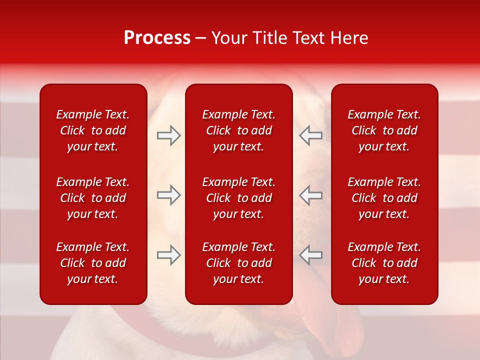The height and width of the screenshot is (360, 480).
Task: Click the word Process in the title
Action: [x=157, y=38]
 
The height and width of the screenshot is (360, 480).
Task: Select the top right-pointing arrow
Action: [x=168, y=135]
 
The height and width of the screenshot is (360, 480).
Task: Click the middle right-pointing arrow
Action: [x=168, y=195]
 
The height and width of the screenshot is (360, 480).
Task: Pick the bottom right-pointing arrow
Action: [x=168, y=255]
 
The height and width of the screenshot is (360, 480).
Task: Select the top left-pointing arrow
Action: [x=311, y=135]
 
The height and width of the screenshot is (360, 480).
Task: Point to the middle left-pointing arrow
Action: [x=311, y=195]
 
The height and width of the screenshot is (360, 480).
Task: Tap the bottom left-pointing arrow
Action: [x=311, y=255]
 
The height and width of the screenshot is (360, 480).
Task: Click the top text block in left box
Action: [x=93, y=130]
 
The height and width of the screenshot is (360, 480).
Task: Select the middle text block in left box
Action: [x=93, y=198]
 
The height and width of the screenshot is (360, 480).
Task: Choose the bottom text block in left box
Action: [x=93, y=263]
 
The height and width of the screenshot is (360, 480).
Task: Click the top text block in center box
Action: [x=238, y=130]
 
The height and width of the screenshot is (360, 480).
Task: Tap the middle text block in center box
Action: [x=238, y=198]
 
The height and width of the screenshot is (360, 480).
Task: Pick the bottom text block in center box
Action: [x=238, y=263]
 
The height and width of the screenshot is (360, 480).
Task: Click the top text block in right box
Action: [x=384, y=130]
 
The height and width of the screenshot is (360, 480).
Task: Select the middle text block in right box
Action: [x=384, y=198]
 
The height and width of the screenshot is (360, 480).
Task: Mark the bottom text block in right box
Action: [x=384, y=263]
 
